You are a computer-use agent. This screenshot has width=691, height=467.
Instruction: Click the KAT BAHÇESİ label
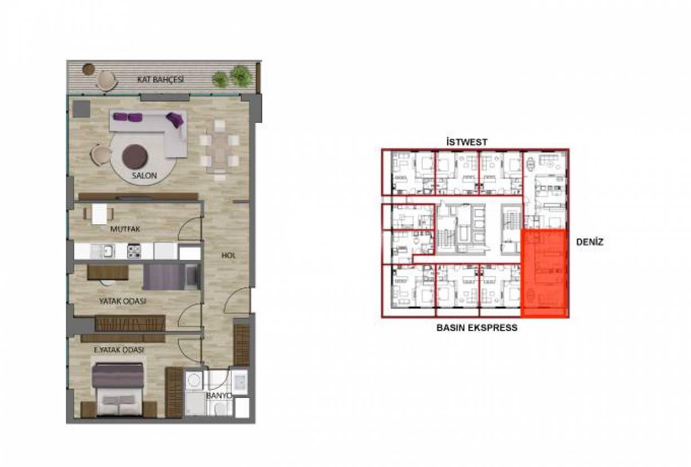point(160,80)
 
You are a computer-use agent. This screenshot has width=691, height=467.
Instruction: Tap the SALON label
point(144,175)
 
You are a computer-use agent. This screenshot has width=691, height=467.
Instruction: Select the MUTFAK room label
point(125,229)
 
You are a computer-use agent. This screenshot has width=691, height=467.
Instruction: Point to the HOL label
point(228,255)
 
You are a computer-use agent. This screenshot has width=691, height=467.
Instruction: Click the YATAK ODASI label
point(123,301)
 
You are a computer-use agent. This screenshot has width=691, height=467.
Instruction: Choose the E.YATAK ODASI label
point(119,350)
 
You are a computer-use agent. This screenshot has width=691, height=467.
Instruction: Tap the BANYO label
point(218,396)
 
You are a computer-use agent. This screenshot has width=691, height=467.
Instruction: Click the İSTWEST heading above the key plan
point(467,142)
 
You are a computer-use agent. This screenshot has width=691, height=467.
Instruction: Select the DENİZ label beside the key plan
point(590,242)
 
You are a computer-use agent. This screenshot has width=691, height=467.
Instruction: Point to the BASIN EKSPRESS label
point(477,327)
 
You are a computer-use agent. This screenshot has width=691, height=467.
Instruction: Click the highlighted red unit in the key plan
point(544,273)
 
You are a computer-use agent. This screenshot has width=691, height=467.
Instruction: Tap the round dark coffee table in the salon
point(135,157)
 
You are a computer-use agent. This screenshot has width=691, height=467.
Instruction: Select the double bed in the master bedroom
point(119,390)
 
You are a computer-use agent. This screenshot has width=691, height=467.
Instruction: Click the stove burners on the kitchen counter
point(134,251)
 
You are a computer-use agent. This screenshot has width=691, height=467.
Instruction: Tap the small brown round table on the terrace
point(88,70)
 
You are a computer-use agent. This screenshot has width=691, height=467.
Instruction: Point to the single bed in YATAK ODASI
point(172,277)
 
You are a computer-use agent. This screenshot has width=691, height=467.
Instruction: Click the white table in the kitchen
point(99,214)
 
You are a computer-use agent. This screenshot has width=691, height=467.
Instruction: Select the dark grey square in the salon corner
point(81,109)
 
